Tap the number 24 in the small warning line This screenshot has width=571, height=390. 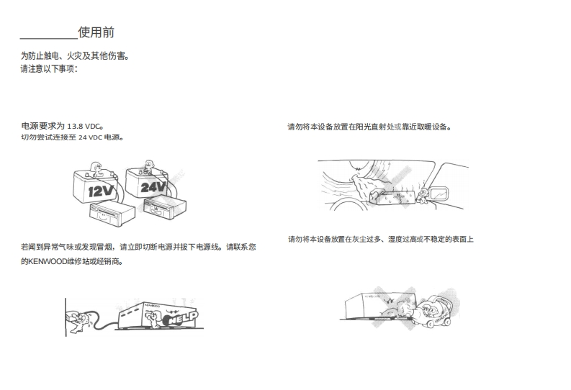(83, 137)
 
